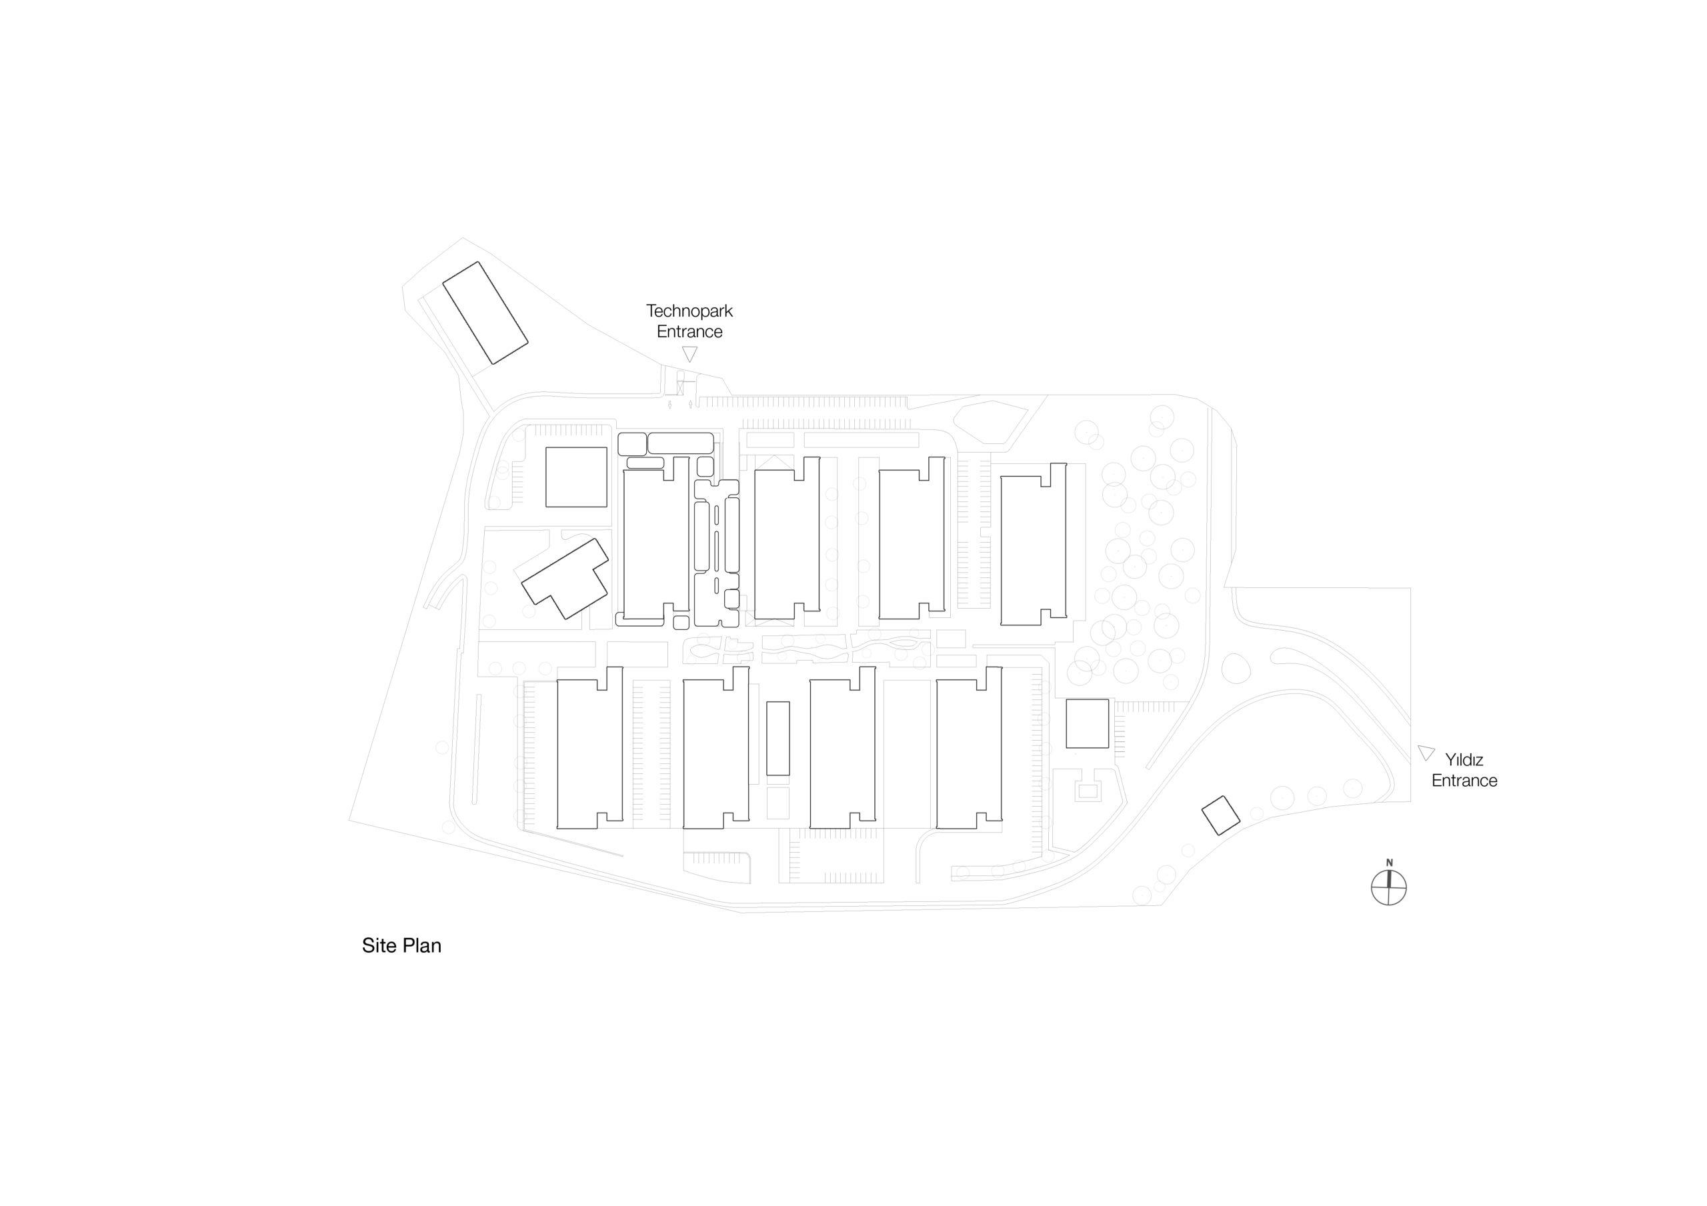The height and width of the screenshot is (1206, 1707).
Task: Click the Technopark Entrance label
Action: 689,321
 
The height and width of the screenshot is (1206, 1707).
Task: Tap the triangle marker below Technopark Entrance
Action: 690,354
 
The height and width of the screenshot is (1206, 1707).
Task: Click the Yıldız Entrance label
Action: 1464,769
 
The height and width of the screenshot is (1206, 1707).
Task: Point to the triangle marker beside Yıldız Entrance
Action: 1425,753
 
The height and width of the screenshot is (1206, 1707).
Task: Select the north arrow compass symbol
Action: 1389,887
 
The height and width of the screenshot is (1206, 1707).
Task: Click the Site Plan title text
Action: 401,945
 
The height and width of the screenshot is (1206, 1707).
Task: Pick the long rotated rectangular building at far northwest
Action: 485,313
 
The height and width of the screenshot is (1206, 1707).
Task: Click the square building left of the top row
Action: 576,477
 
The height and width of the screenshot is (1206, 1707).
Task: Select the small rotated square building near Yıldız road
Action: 1221,815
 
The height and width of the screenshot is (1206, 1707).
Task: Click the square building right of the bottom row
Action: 1087,723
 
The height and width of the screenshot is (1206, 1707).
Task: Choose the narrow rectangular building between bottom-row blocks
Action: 777,738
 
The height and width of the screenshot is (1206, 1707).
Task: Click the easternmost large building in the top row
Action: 1034,543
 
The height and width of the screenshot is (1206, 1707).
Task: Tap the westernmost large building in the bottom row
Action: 589,747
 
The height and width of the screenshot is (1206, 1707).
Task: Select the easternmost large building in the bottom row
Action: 970,747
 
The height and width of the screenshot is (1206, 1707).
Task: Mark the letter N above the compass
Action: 1390,863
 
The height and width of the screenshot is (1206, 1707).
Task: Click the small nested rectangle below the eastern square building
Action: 1088,792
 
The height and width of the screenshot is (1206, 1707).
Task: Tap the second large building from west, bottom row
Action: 716,747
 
